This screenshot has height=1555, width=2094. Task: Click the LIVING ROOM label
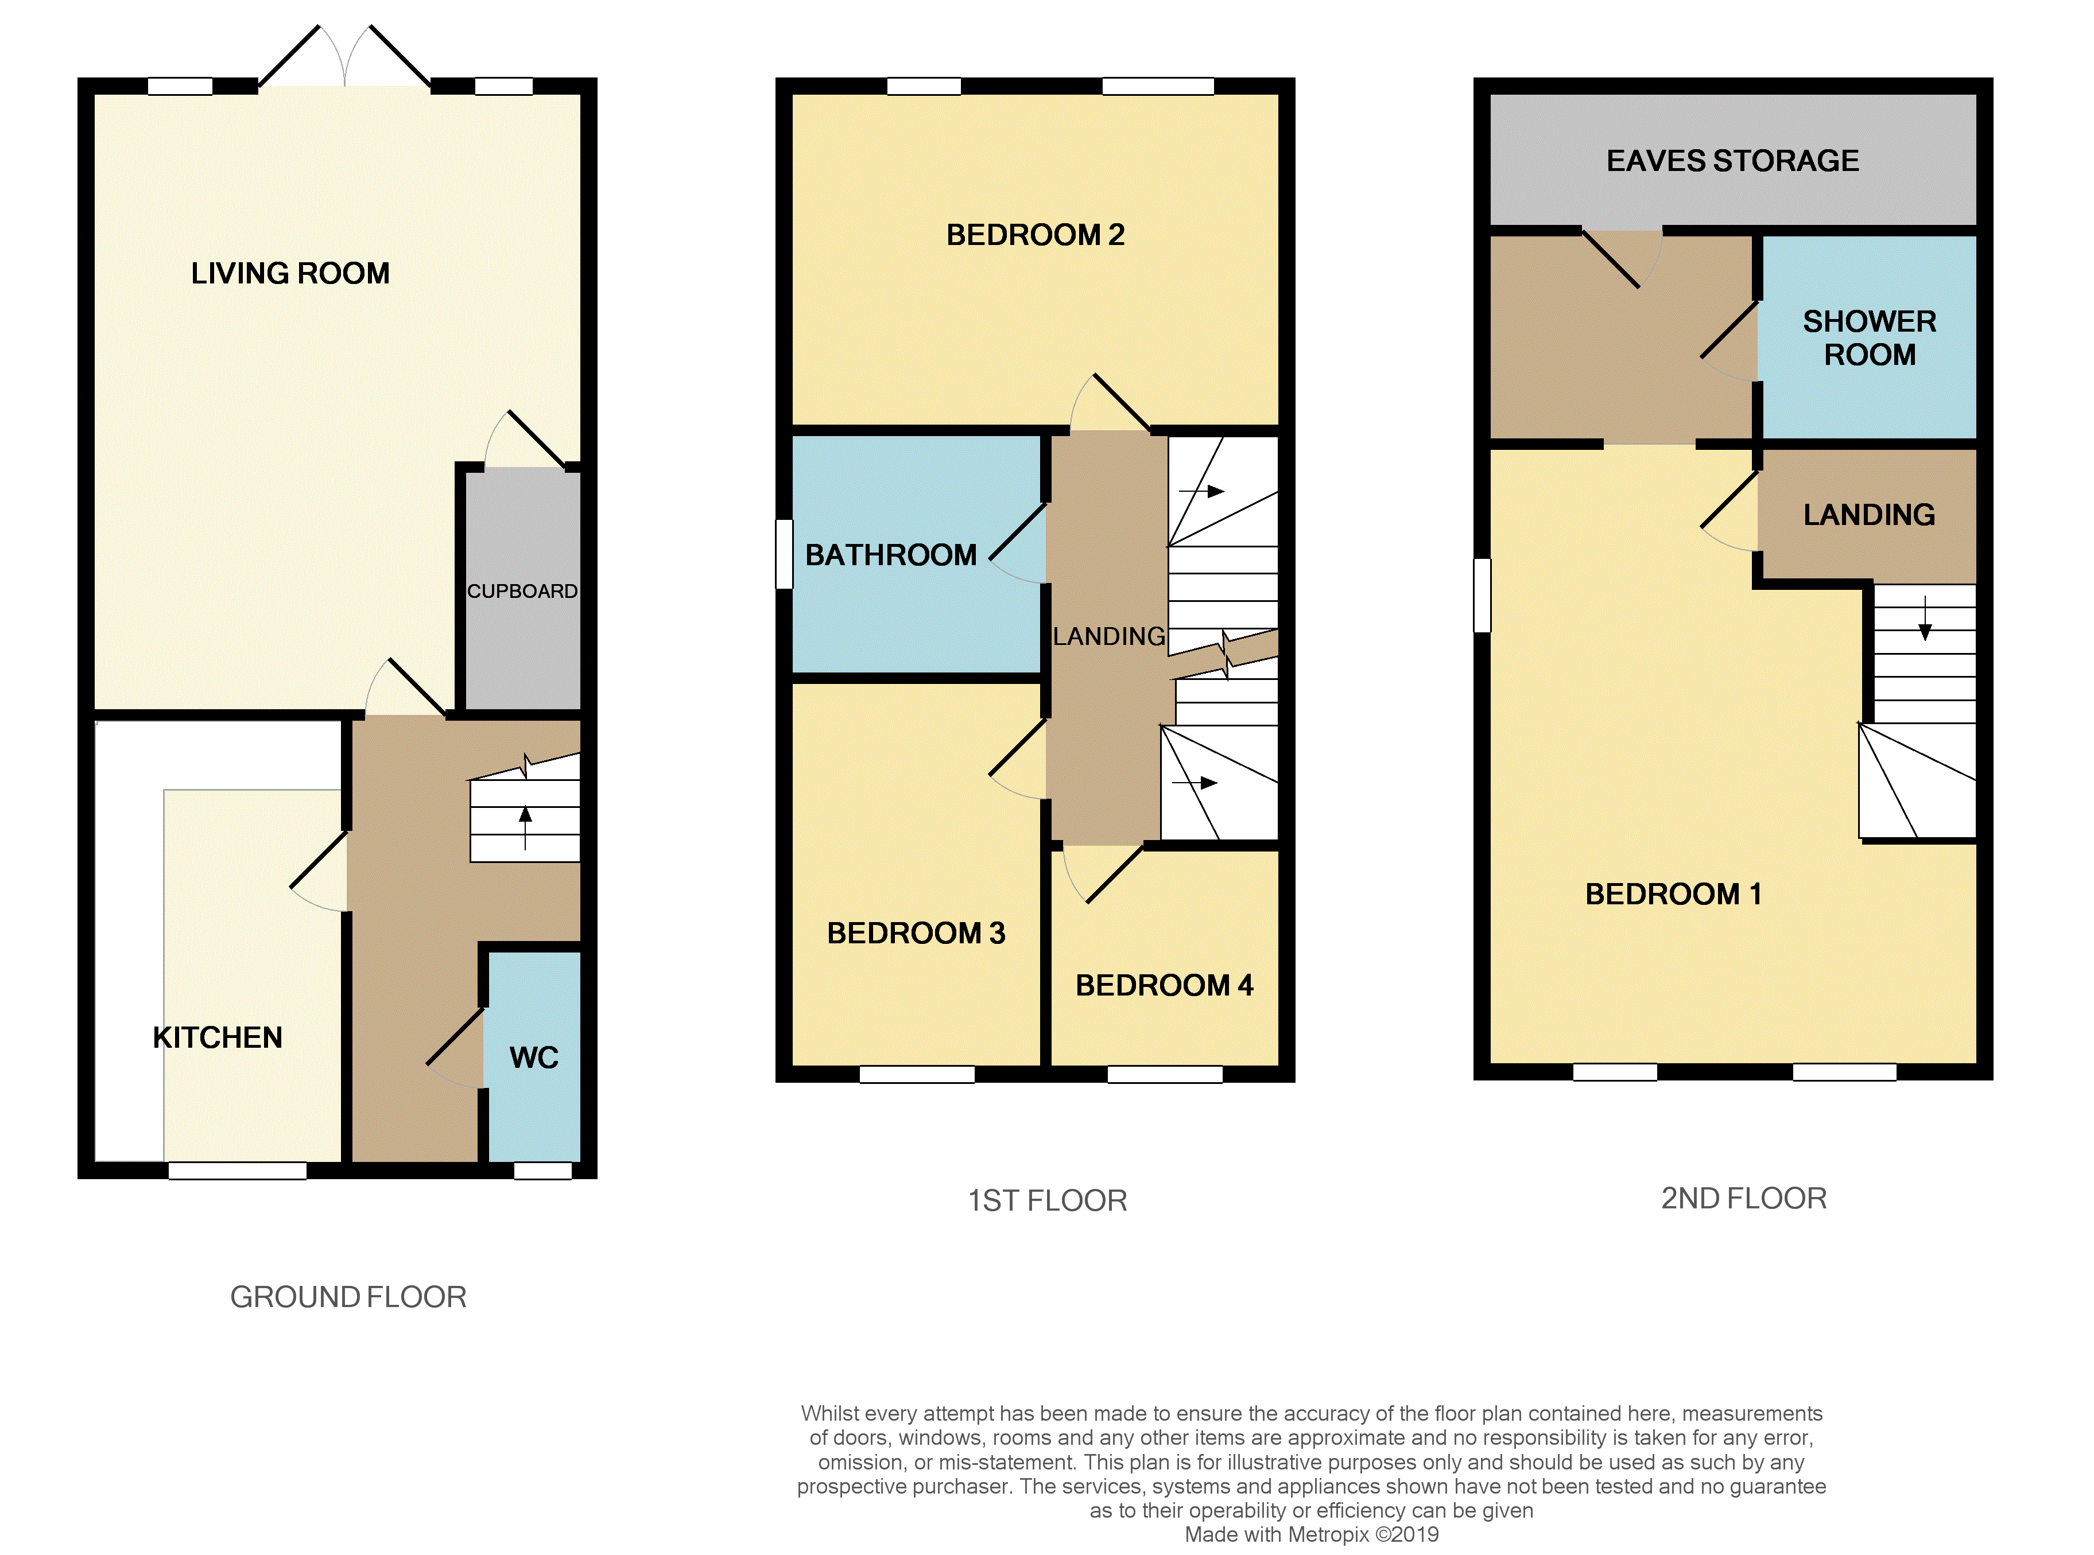point(290,273)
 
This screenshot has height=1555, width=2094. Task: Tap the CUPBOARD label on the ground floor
point(522,591)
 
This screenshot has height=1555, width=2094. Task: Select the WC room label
point(534,1057)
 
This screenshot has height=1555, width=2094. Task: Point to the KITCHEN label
point(218,1037)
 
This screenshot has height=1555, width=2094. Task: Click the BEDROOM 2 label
point(1036,234)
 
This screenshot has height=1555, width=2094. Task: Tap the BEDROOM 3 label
point(916,933)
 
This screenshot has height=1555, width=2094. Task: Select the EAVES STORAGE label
point(1732,161)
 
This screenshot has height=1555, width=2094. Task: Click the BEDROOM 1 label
point(1673,893)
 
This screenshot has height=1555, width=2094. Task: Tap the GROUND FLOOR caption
point(348,1297)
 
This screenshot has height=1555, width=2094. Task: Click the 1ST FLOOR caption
point(1048,1200)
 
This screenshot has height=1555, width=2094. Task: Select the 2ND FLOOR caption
point(1744,1198)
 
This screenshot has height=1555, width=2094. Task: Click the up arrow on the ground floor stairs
point(525,829)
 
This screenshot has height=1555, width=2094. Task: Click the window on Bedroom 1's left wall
point(1482,595)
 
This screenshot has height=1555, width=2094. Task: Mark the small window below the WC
point(542,1171)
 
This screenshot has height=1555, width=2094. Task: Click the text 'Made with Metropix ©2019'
point(1312,1534)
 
